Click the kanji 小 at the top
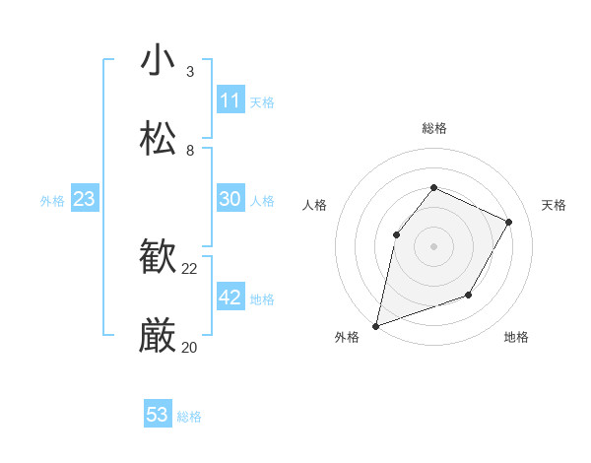(159, 60)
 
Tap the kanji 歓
(159, 259)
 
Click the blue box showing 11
(230, 100)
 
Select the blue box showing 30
(230, 199)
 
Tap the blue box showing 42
(230, 298)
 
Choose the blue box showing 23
(85, 199)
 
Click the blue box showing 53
(158, 415)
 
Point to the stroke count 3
(190, 72)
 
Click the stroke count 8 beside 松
(190, 151)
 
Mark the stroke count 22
(190, 269)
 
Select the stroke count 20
(190, 347)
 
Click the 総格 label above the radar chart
(433, 128)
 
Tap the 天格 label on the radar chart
(554, 205)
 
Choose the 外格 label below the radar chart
(347, 337)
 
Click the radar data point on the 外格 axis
(375, 325)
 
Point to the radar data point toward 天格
(508, 222)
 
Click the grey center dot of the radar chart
(433, 245)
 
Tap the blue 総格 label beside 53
(189, 417)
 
